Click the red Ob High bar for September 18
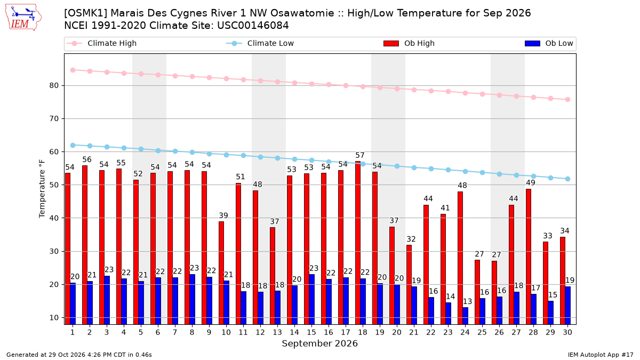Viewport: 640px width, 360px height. pyautogui.click(x=358, y=243)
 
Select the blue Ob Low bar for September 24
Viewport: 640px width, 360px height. pyautogui.click(x=466, y=316)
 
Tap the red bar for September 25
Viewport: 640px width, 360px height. pyautogui.click(x=477, y=292)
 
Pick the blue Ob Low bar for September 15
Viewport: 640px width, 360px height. pyautogui.click(x=311, y=299)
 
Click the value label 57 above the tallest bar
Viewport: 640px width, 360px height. pyautogui.click(x=359, y=155)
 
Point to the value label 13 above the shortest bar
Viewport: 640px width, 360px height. pyautogui.click(x=467, y=301)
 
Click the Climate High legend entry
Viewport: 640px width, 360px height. pyautogui.click(x=102, y=43)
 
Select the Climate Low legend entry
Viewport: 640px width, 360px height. pyautogui.click(x=260, y=43)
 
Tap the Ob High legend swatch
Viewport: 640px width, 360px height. pyautogui.click(x=391, y=43)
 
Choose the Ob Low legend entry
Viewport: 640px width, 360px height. pyautogui.click(x=549, y=43)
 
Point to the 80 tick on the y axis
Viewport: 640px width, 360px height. pyautogui.click(x=54, y=85)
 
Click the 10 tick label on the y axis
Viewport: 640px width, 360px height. pyautogui.click(x=54, y=318)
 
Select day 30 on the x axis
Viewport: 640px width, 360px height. pyautogui.click(x=567, y=332)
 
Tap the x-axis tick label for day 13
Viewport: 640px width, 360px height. pyautogui.click(x=277, y=332)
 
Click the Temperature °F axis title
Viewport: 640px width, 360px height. pyautogui.click(x=42, y=189)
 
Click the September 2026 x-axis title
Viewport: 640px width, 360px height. pyautogui.click(x=319, y=343)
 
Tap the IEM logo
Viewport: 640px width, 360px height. pyautogui.click(x=23, y=17)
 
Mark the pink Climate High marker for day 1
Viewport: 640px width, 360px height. pyautogui.click(x=73, y=70)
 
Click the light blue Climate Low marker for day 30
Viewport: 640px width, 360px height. pyautogui.click(x=567, y=179)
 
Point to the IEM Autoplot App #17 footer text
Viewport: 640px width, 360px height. pyautogui.click(x=601, y=355)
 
